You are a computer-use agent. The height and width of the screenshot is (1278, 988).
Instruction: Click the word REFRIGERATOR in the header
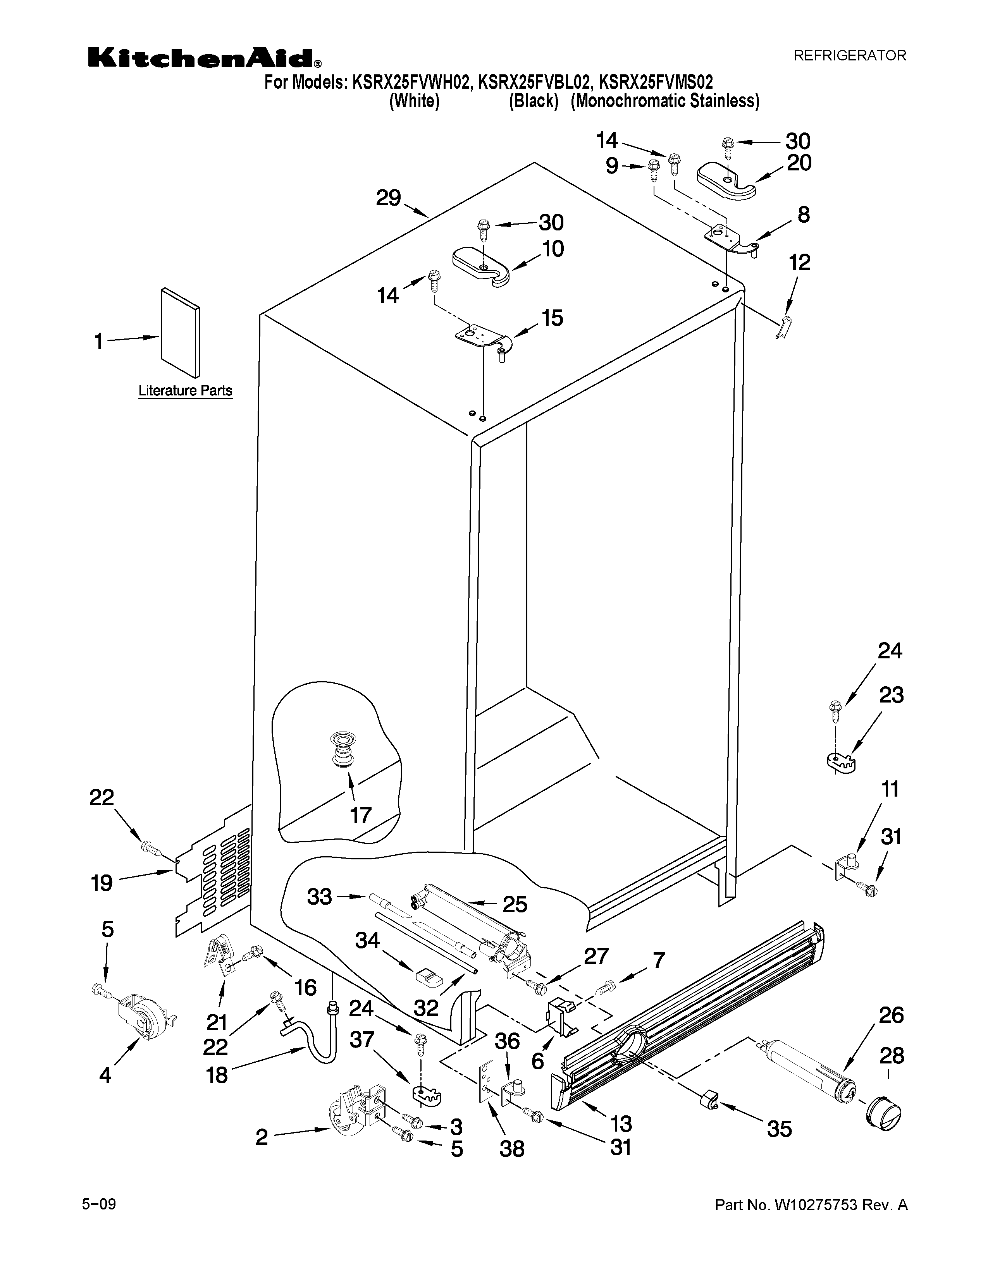pyautogui.click(x=849, y=56)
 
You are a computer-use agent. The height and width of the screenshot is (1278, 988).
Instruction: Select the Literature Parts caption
pyautogui.click(x=185, y=390)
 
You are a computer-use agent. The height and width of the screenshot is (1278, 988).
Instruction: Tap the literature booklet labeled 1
pyautogui.click(x=180, y=333)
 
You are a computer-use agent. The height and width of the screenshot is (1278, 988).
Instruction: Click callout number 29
pyautogui.click(x=388, y=198)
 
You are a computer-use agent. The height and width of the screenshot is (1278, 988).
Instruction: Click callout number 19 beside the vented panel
pyautogui.click(x=102, y=883)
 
